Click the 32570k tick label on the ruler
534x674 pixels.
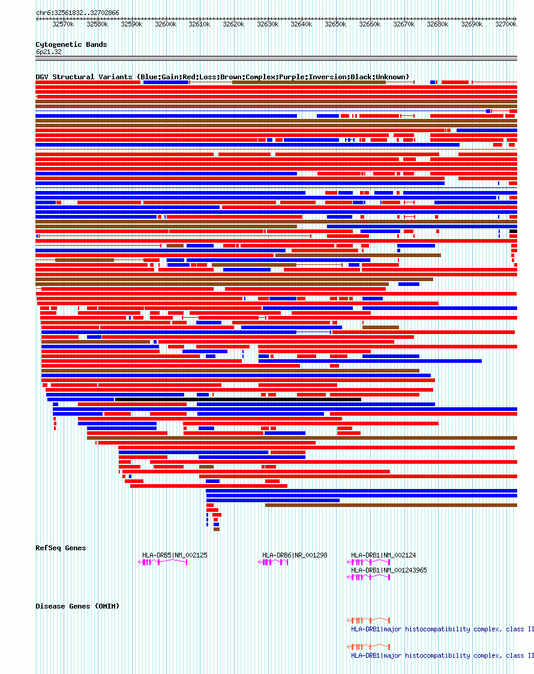(63, 25)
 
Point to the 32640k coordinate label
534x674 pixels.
(302, 25)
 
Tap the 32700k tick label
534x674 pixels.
(506, 25)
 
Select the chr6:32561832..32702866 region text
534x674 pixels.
(77, 13)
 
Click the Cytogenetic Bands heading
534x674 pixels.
(71, 44)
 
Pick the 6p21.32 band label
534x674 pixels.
(49, 52)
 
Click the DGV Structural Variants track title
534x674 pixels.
(222, 77)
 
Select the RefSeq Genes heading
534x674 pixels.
(61, 548)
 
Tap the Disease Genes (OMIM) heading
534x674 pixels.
(77, 606)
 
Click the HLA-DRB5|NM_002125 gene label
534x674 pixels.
(175, 555)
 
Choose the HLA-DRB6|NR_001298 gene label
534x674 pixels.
(295, 555)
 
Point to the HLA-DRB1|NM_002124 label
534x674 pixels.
(383, 555)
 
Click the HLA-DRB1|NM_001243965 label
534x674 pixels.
(389, 570)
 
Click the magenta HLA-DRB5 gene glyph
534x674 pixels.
(163, 562)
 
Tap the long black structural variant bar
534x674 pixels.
(238, 399)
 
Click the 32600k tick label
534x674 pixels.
(166, 25)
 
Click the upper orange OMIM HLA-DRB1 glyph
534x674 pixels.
(369, 620)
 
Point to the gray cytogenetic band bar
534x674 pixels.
(276, 58)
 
